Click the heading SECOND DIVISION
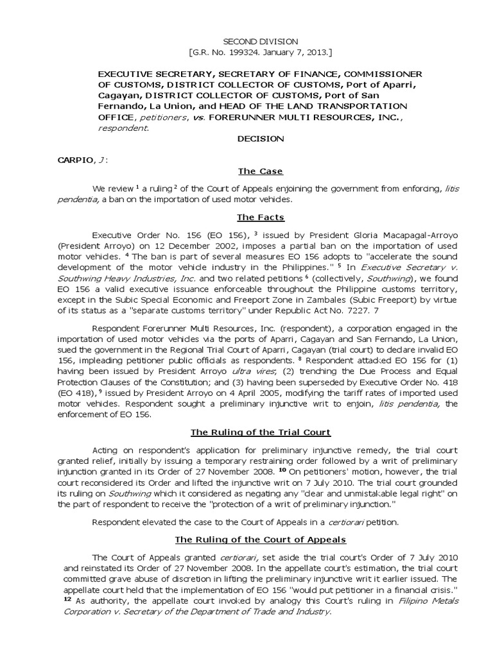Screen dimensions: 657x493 pyautogui.click(x=246, y=41)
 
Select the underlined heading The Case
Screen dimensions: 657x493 pyautogui.click(x=261, y=171)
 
